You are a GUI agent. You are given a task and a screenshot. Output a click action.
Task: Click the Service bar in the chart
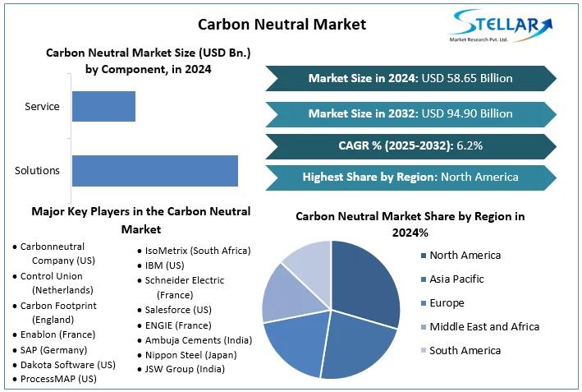pyautogui.click(x=103, y=107)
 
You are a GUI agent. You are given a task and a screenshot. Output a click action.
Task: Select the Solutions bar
pyautogui.click(x=154, y=170)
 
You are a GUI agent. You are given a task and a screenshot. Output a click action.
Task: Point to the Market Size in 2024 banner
pyautogui.click(x=410, y=79)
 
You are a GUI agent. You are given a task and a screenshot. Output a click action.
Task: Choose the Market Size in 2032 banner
pyautogui.click(x=410, y=113)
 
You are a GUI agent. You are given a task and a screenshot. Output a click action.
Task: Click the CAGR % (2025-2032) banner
pyautogui.click(x=410, y=145)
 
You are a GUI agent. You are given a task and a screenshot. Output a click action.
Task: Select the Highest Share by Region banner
pyautogui.click(x=410, y=177)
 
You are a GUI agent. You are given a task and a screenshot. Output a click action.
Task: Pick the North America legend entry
pyautogui.click(x=465, y=256)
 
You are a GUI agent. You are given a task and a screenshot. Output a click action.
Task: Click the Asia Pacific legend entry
pyautogui.click(x=456, y=279)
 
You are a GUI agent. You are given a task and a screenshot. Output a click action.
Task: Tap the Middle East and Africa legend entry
pyautogui.click(x=484, y=327)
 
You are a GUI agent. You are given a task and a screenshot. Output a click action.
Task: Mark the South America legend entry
pyautogui.click(x=465, y=351)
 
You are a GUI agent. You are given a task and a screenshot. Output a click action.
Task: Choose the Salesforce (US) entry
pyautogui.click(x=177, y=310)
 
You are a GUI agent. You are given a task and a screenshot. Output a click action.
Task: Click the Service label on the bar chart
pyautogui.click(x=42, y=107)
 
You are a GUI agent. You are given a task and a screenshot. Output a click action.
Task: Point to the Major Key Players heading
pyautogui.click(x=140, y=219)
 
